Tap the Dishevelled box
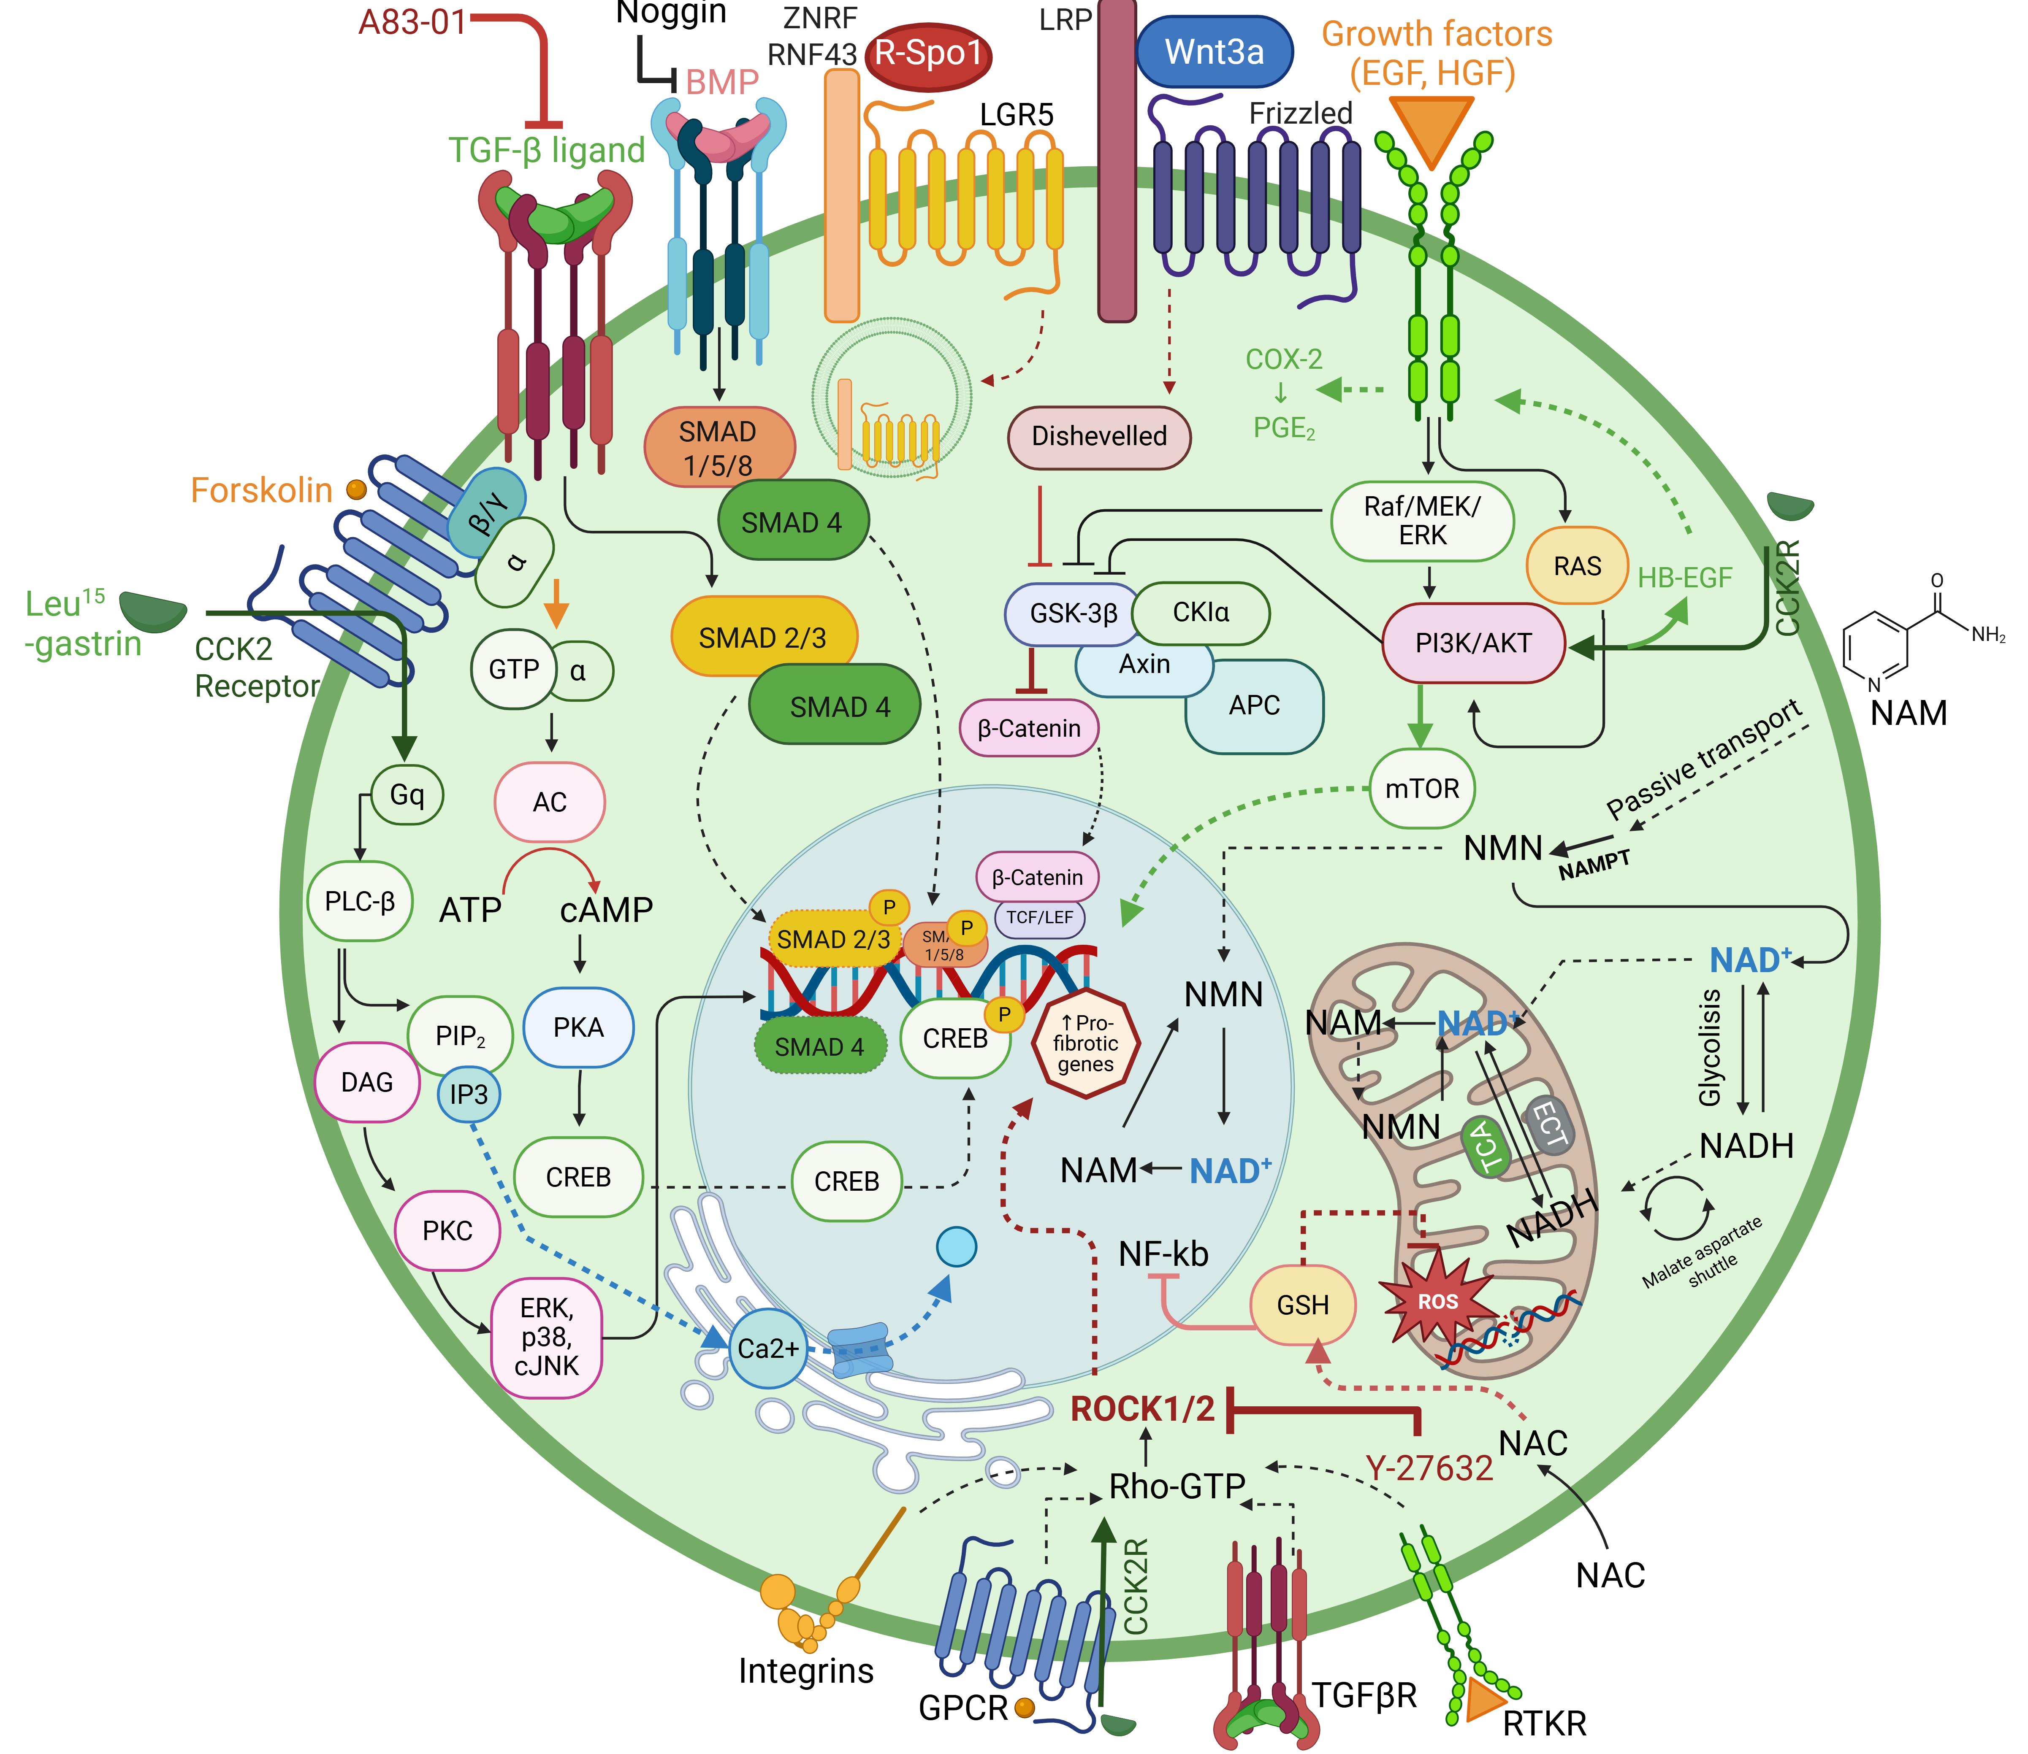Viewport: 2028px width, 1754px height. (1099, 437)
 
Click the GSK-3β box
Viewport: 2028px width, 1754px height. (1073, 613)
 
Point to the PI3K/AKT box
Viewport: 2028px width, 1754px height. (1473, 643)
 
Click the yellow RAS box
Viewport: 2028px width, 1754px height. (1577, 566)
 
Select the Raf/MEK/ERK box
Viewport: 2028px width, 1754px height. (1422, 521)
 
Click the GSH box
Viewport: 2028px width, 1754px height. (1302, 1305)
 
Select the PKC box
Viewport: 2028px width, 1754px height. (447, 1230)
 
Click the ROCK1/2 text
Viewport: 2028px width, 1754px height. (1142, 1408)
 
